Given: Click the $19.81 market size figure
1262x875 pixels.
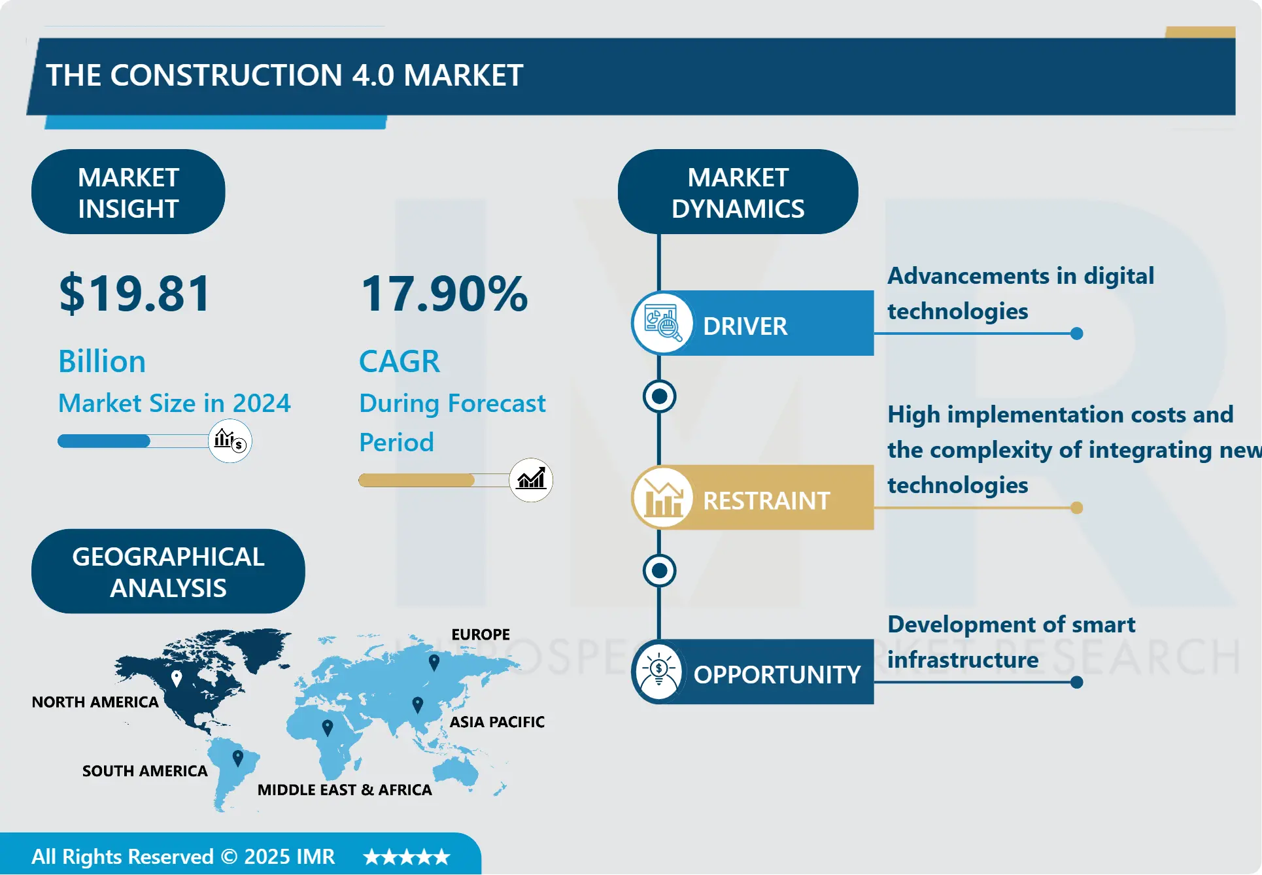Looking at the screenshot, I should click(x=135, y=294).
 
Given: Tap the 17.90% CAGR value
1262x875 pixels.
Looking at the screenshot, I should click(x=444, y=294).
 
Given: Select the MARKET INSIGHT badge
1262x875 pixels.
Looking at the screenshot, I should click(x=128, y=192).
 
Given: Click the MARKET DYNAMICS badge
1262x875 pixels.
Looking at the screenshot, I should click(x=738, y=192).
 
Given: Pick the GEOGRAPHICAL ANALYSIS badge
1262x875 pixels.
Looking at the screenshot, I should click(x=168, y=572).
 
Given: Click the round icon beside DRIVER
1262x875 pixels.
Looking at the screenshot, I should click(x=663, y=323).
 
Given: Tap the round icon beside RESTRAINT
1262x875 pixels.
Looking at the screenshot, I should click(x=663, y=498).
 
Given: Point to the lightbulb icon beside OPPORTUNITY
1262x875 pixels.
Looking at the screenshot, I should click(x=659, y=672).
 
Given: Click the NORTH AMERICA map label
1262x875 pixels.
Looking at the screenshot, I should click(x=95, y=702).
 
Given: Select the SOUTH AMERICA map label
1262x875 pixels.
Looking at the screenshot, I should click(x=145, y=771).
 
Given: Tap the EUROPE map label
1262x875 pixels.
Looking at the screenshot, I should click(x=481, y=634).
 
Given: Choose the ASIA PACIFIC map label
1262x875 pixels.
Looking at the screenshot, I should click(x=497, y=722).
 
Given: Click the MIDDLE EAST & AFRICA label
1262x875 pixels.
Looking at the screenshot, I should click(x=345, y=790).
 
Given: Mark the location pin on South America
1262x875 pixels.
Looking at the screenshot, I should click(x=238, y=758).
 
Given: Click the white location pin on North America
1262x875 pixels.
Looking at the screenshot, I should click(x=177, y=678).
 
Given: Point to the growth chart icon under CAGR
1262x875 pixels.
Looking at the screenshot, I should click(x=531, y=480).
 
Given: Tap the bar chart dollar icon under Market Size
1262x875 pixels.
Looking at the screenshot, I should click(x=230, y=441).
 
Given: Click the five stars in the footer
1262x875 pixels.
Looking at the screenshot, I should click(x=407, y=857).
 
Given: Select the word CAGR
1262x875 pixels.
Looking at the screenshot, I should click(x=400, y=362).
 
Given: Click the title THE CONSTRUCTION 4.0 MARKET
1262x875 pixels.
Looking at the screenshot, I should click(x=284, y=75).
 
